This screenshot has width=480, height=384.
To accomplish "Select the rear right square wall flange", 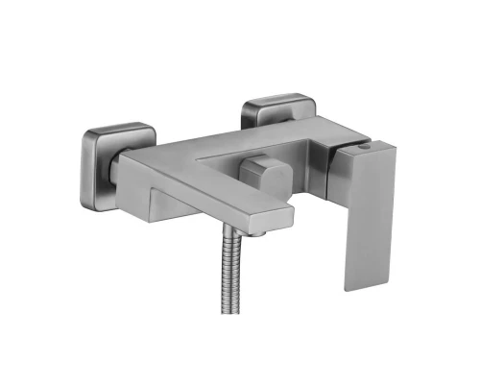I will (276, 105).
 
